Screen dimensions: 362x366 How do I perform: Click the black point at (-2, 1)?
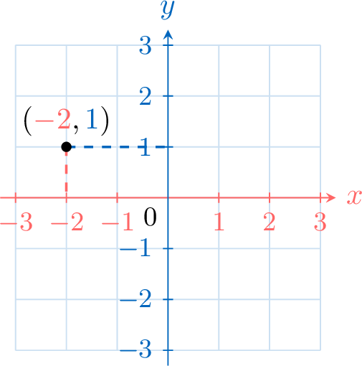[x=66, y=146]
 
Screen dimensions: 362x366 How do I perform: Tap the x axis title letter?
[x=354, y=197]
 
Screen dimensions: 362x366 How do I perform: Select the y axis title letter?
[x=168, y=9]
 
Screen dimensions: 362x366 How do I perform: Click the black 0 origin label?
[x=150, y=217]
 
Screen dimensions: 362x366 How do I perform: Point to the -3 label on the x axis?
[x=16, y=222]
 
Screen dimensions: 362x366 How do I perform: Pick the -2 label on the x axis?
[x=67, y=222]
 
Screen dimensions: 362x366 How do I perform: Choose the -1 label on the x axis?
[x=118, y=222]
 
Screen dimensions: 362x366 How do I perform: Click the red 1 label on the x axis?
[x=219, y=222]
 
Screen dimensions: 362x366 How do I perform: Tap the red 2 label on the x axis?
[x=270, y=222]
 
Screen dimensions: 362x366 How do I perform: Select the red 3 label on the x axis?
[x=320, y=222]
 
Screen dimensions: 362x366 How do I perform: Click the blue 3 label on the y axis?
[x=146, y=45]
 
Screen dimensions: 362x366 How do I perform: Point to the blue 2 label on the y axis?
[x=146, y=96]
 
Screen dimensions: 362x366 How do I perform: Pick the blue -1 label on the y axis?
[x=135, y=248]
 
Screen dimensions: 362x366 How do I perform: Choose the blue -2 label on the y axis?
[x=135, y=299]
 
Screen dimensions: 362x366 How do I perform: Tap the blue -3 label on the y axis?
[x=135, y=349]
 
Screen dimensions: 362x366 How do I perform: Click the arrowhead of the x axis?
[x=331, y=197]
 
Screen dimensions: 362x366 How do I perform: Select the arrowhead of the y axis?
[x=168, y=35]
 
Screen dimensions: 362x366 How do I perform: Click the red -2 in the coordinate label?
[x=53, y=120]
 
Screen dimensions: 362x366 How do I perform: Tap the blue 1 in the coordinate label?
[x=92, y=120]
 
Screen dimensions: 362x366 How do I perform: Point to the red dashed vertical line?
[x=66, y=172]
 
